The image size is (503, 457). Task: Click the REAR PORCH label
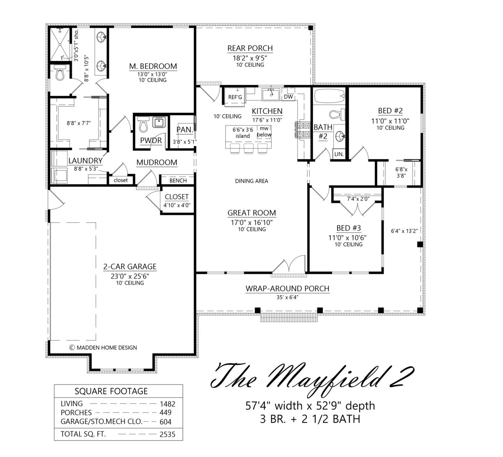click(x=250, y=48)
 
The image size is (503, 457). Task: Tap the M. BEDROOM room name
click(x=153, y=66)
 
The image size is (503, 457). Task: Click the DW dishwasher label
click(x=288, y=97)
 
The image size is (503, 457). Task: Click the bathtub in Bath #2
click(x=329, y=96)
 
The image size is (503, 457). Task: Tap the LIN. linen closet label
click(x=339, y=154)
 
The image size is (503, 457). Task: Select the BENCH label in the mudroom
click(x=178, y=180)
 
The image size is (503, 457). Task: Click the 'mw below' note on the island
click(x=264, y=132)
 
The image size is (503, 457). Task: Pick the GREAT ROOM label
click(x=252, y=213)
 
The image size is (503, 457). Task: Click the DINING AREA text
click(x=251, y=181)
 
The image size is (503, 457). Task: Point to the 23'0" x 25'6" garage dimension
click(x=130, y=276)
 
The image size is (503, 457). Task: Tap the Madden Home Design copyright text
click(x=103, y=348)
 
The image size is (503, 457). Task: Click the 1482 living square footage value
click(x=168, y=404)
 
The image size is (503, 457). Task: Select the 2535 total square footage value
click(x=167, y=434)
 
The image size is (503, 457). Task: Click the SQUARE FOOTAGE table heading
click(x=111, y=391)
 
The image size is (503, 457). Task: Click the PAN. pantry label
click(x=185, y=130)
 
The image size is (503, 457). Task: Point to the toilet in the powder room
click(x=143, y=124)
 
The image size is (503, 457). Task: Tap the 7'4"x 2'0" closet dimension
click(x=358, y=199)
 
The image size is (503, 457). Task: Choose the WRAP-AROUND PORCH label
click(x=288, y=289)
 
